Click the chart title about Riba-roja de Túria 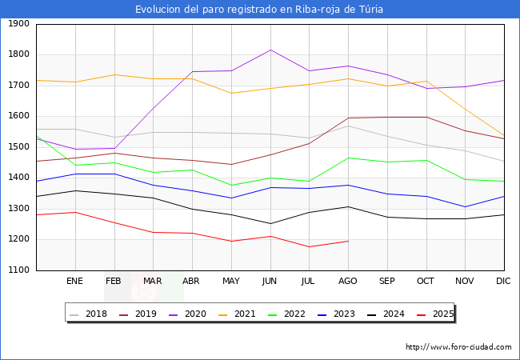pos(259,10)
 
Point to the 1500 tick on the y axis pos(17,147)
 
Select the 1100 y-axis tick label pos(17,270)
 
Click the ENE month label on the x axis pos(74,282)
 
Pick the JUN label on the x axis pos(270,282)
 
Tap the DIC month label pos(503,282)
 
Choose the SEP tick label pos(386,282)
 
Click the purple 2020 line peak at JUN pos(270,50)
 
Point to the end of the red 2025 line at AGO pos(348,241)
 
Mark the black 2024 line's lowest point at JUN pos(270,223)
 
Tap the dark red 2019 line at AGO pos(348,118)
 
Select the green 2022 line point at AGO pos(348,158)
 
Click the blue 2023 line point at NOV pos(465,207)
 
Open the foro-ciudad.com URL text pos(458,347)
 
